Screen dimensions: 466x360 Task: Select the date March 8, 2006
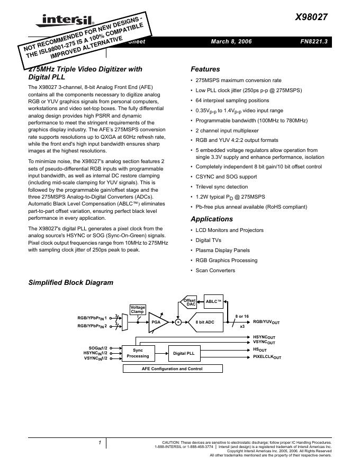click(231, 42)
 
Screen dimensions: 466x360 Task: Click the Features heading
click(205, 69)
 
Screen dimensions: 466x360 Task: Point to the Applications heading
click(211, 219)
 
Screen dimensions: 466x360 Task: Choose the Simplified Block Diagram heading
click(70, 283)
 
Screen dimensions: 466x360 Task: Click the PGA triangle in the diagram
click(157, 321)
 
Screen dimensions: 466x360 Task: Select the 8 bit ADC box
click(205, 321)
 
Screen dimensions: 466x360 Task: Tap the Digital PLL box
click(184, 353)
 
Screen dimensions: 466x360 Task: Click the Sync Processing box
click(138, 353)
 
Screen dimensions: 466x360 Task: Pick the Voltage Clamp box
click(138, 310)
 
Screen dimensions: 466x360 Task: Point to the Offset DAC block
click(189, 302)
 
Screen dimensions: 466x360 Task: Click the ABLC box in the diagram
click(213, 301)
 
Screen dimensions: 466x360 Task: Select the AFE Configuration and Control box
click(172, 369)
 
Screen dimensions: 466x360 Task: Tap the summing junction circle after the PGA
click(178, 321)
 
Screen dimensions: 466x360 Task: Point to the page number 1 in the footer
click(99, 443)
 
